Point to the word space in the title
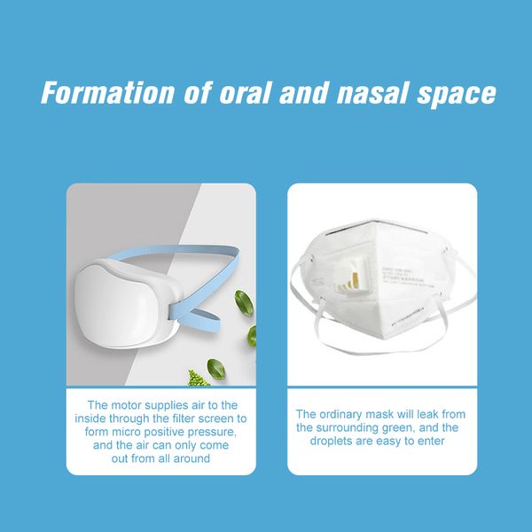click(x=457, y=93)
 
